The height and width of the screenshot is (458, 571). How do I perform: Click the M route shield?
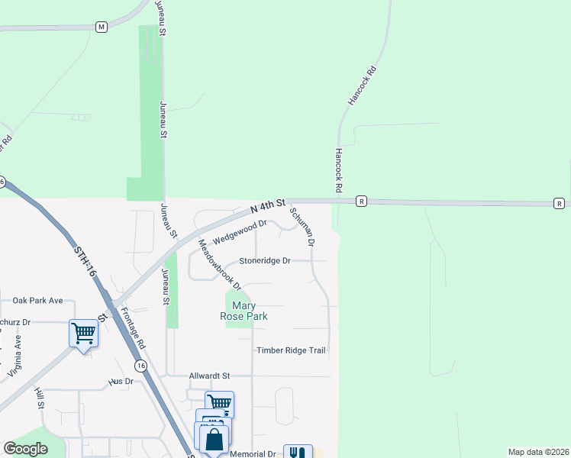(101, 27)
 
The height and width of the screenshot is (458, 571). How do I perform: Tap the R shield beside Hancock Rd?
(361, 202)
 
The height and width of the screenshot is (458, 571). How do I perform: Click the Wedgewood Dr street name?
(240, 231)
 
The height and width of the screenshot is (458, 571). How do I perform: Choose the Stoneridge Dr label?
(265, 260)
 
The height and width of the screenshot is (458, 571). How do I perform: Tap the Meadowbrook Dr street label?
(219, 265)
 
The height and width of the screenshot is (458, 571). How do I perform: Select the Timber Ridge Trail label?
(291, 350)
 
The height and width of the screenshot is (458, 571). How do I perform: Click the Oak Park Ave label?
(37, 300)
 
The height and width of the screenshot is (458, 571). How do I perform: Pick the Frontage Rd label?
(133, 329)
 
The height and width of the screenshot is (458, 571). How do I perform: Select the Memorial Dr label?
(253, 453)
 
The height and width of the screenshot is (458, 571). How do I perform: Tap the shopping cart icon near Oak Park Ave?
(83, 333)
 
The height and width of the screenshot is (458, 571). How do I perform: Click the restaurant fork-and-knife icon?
(298, 453)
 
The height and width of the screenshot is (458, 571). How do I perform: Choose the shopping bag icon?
(215, 439)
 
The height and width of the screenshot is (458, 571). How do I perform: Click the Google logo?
(25, 449)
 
